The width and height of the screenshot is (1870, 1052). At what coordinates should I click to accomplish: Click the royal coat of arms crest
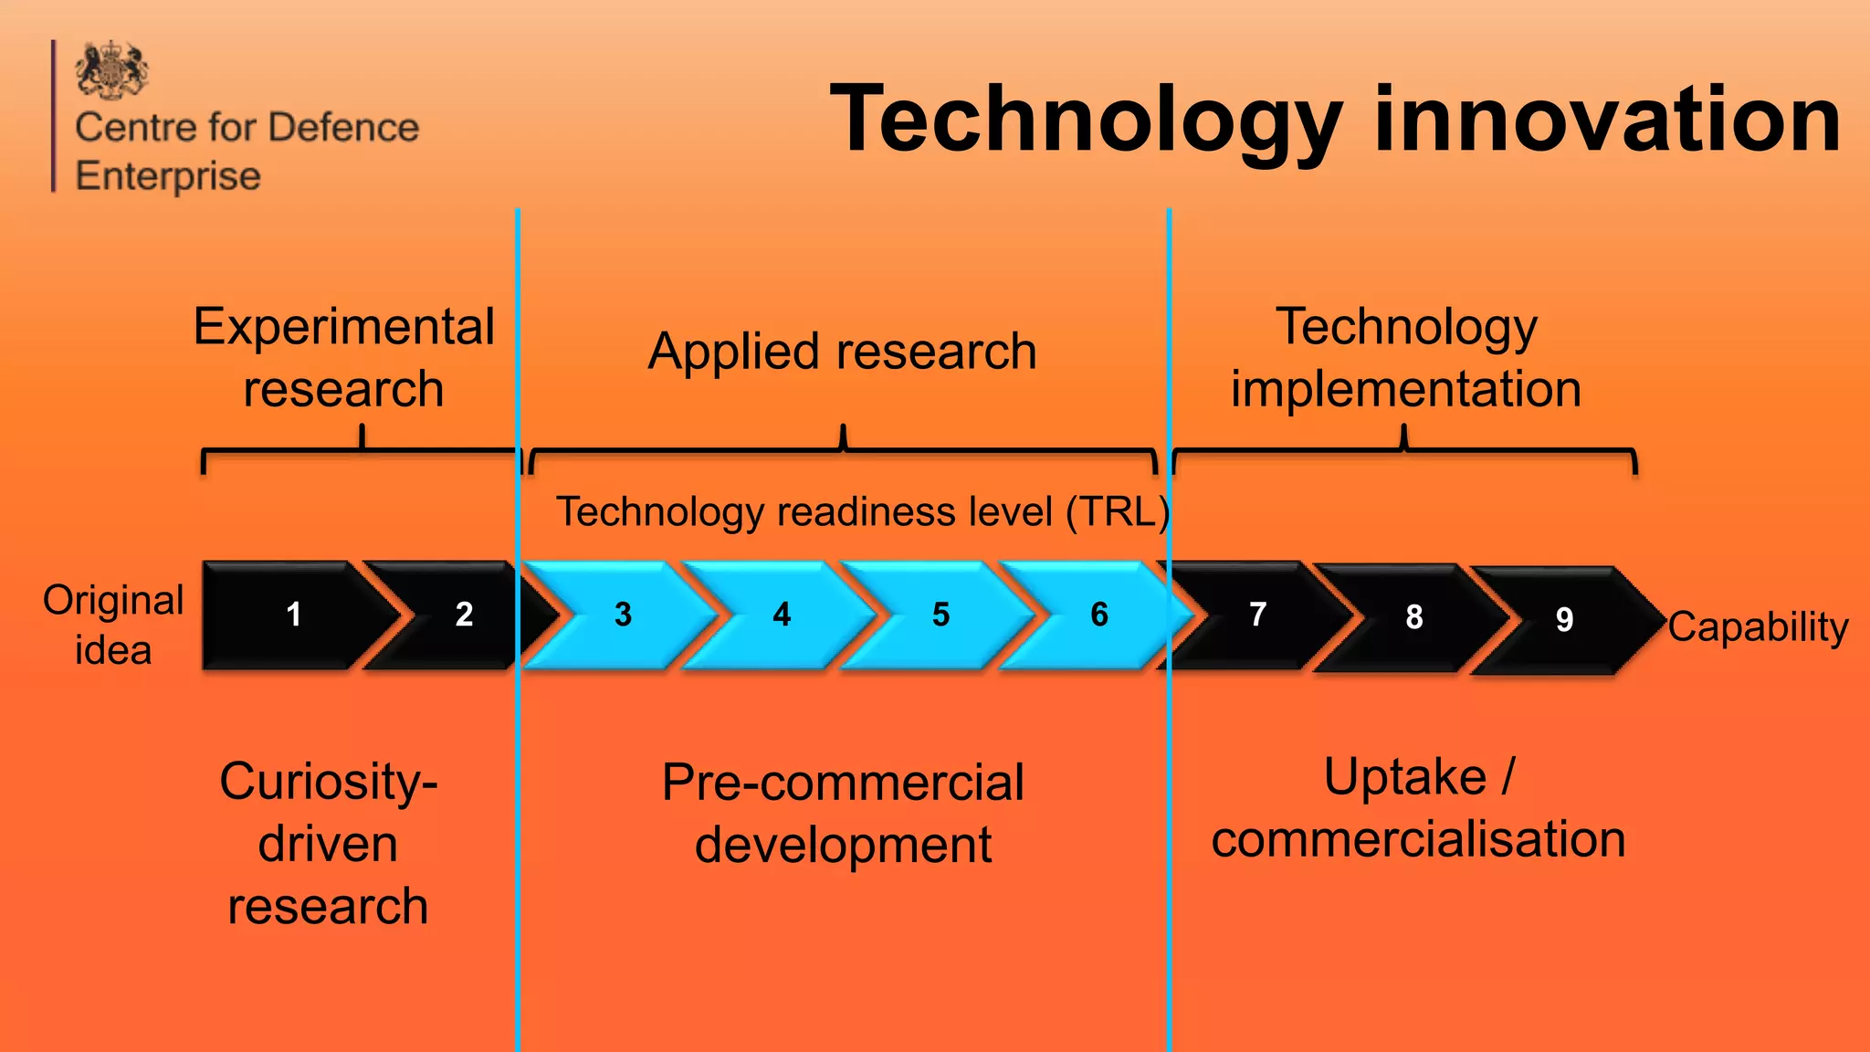(111, 69)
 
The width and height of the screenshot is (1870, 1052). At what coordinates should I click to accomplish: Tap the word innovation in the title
(1607, 119)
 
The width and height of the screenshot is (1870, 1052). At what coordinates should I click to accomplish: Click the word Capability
(1758, 627)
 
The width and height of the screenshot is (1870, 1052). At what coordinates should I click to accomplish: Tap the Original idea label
(113, 625)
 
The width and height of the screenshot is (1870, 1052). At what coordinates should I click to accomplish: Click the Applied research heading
(842, 352)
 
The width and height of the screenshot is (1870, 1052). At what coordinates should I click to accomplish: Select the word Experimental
(343, 326)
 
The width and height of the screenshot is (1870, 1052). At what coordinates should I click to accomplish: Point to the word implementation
(1405, 389)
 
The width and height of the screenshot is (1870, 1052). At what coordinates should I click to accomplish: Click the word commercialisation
(1418, 839)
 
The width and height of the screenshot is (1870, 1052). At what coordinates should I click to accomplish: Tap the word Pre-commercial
(843, 783)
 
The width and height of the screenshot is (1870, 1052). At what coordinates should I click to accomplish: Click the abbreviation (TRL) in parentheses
(1118, 511)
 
